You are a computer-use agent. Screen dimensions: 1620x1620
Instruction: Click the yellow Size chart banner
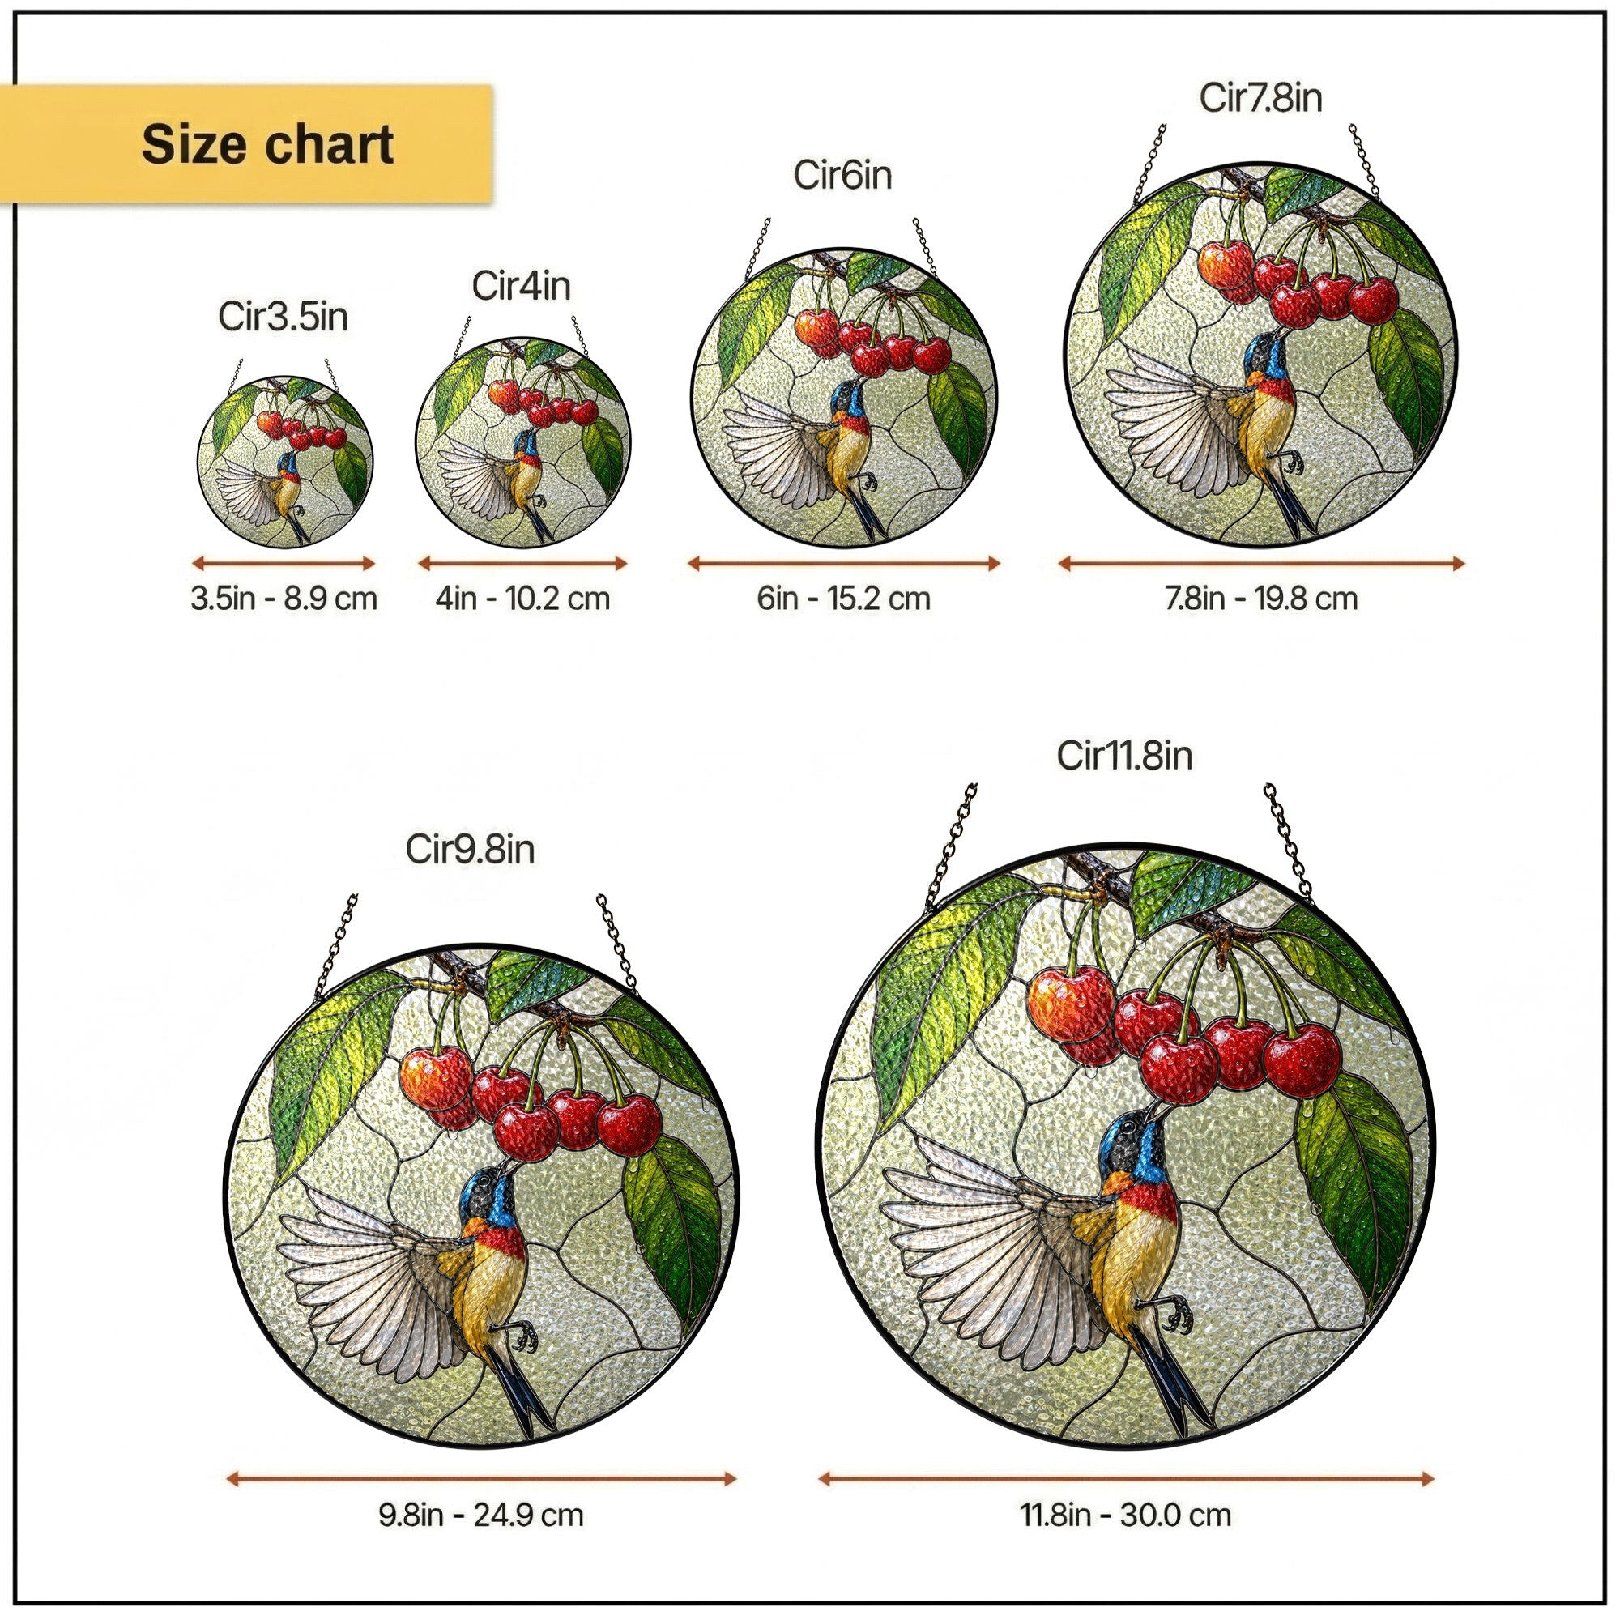pos(245,143)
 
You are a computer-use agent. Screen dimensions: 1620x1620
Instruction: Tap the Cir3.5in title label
pos(283,317)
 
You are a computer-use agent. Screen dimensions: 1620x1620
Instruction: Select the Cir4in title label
pos(521,286)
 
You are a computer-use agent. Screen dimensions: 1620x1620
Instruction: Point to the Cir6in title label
pos(842,175)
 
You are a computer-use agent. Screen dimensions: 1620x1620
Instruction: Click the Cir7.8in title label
pos(1260,97)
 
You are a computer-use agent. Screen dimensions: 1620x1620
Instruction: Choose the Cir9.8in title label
pos(470,850)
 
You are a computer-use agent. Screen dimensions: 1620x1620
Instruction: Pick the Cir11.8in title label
pos(1123,756)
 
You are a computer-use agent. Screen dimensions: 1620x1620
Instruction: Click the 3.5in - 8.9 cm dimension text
pos(283,599)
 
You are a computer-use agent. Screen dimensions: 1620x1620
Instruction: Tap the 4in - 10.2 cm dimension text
pos(522,599)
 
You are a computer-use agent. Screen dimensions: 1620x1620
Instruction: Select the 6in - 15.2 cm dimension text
pos(843,599)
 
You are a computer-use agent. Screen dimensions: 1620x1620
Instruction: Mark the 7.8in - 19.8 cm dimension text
pos(1261,599)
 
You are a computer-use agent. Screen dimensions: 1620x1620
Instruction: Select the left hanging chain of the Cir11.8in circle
pos(951,849)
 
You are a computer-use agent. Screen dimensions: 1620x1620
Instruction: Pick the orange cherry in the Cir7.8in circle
pos(1226,264)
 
